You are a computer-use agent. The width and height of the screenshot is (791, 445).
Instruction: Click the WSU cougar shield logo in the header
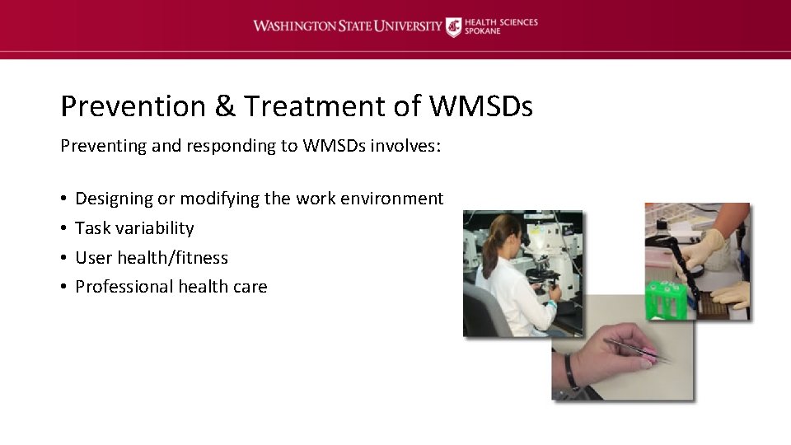click(x=453, y=27)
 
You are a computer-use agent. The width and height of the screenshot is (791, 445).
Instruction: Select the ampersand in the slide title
click(x=224, y=106)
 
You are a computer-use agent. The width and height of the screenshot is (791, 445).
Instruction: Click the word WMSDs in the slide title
click(x=480, y=106)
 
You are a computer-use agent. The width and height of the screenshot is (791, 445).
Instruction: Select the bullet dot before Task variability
click(x=63, y=228)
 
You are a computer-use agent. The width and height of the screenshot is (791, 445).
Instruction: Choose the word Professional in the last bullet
click(x=121, y=287)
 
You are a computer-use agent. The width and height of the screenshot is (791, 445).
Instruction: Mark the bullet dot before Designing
click(x=63, y=199)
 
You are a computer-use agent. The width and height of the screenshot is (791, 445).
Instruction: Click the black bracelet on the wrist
click(x=570, y=372)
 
